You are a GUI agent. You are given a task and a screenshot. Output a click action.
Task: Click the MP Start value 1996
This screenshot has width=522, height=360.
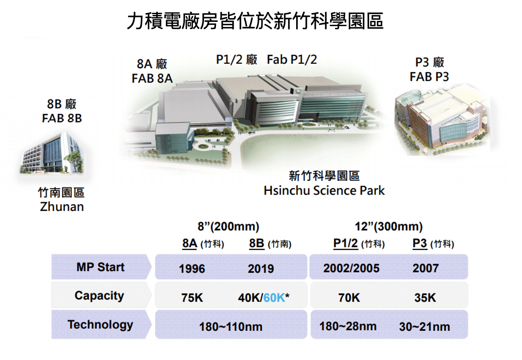coord(192,268)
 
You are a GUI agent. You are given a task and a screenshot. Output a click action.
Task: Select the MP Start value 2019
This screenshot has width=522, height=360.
coord(261,268)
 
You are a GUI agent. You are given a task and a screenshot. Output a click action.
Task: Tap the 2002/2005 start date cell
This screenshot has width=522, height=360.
coord(351,268)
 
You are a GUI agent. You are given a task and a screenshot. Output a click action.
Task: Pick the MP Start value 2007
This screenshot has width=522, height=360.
coord(426,268)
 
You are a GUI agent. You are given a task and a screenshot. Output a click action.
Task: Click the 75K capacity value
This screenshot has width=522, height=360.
coord(192,297)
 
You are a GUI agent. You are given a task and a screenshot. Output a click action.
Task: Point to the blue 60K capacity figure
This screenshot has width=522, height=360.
coord(274,297)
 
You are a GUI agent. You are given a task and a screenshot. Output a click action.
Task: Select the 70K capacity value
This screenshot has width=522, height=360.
coord(349,297)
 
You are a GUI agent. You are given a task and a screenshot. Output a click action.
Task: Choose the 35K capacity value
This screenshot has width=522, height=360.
coord(425,297)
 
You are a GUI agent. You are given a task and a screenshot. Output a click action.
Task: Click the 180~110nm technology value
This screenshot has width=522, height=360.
coord(231,327)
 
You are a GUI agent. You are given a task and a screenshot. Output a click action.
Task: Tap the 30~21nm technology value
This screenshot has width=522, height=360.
coord(425,327)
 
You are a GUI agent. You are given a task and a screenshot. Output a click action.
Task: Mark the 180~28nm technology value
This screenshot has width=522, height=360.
coord(348,326)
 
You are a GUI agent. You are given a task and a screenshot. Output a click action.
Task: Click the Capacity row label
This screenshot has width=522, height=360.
coord(99,296)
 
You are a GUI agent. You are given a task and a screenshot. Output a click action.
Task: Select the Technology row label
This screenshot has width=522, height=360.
coord(100,324)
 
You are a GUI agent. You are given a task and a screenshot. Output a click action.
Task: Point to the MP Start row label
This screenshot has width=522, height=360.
coord(100,267)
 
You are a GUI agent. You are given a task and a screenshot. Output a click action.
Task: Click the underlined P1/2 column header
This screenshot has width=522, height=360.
coord(345,243)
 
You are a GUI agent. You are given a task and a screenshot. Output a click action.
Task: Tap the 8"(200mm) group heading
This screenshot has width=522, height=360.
coord(228,226)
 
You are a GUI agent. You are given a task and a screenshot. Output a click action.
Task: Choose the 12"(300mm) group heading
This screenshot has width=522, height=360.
coord(389,226)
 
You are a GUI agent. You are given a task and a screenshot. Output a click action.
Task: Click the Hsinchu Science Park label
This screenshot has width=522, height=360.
coord(324,191)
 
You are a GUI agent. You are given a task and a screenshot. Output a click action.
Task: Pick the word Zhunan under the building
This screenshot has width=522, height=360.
coord(62,207)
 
